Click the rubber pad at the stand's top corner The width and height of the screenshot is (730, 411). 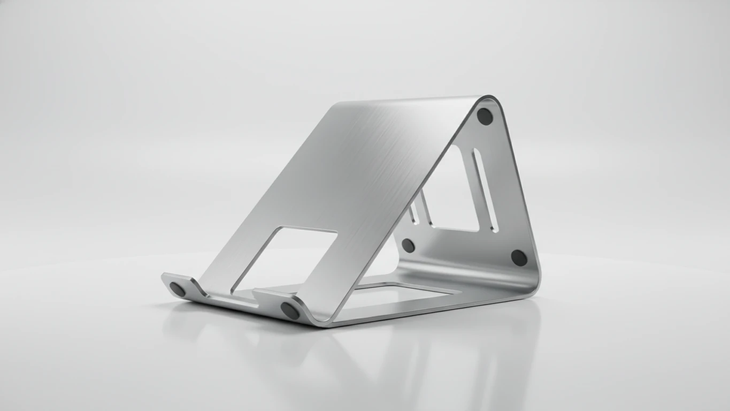[x=485, y=116]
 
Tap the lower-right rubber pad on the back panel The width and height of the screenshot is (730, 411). [x=518, y=257]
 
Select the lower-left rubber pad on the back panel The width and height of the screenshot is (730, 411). [x=408, y=246]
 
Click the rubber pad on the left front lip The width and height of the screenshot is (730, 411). [x=178, y=290]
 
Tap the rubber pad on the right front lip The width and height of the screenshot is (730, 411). [x=290, y=310]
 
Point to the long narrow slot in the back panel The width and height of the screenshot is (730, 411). [x=485, y=191]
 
